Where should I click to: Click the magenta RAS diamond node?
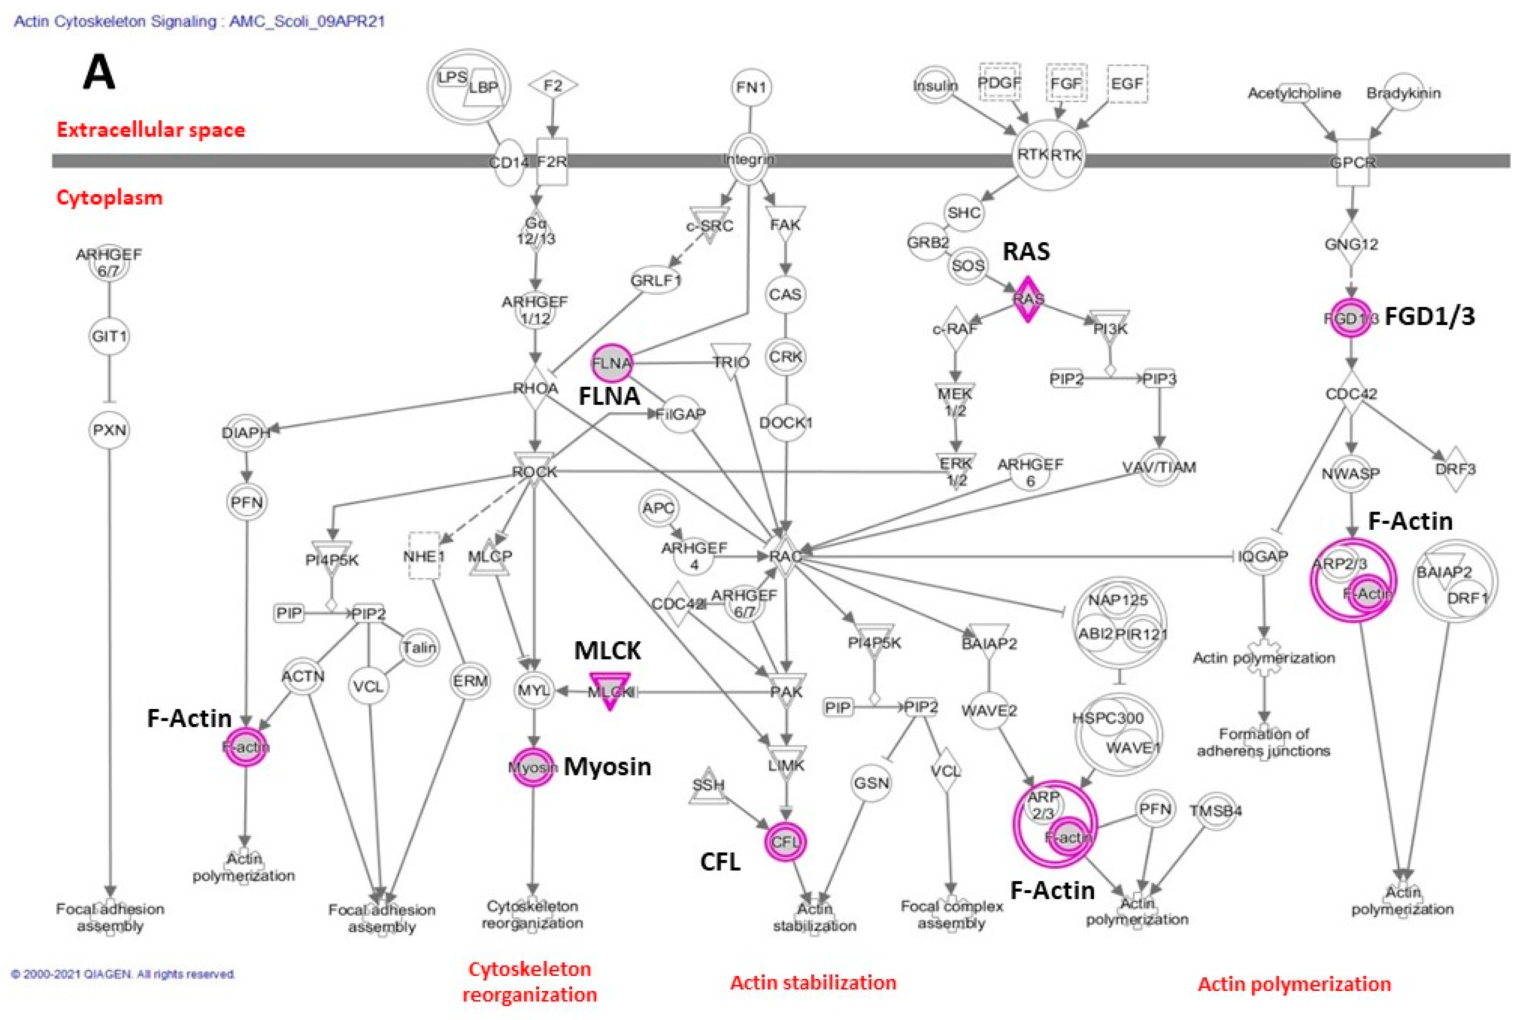[1027, 299]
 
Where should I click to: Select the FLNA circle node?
[611, 363]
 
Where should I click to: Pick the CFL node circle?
[785, 842]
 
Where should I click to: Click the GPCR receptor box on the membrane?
[1352, 162]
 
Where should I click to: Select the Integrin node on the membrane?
[749, 159]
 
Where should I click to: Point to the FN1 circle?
[751, 87]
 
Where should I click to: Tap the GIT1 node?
[109, 336]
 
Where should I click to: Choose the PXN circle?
[109, 430]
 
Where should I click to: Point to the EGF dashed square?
[1127, 83]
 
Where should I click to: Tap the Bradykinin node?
[1403, 93]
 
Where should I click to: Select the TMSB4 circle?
[1216, 811]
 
